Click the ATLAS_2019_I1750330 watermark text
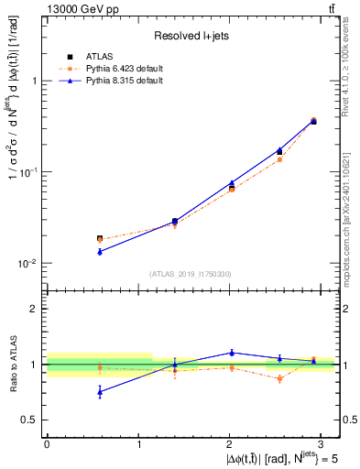[x=191, y=274]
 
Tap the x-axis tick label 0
[x=47, y=443]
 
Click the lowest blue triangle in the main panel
[x=100, y=251]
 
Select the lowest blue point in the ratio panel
[x=100, y=391]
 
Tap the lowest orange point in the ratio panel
[x=279, y=378]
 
